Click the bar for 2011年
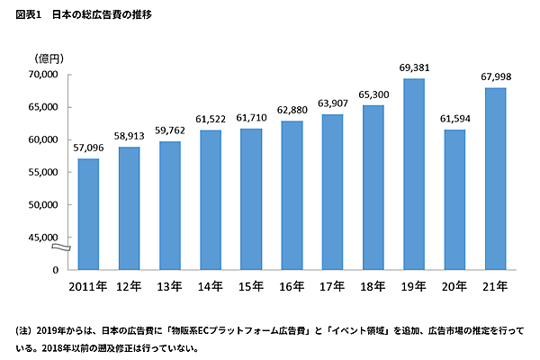[x=88, y=214]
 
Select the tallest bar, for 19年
[x=414, y=174]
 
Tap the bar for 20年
[x=454, y=200]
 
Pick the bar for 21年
[x=495, y=178]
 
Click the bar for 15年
[x=251, y=199]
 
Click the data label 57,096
[x=88, y=147]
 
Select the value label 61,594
[x=454, y=118]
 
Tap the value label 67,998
[x=495, y=76]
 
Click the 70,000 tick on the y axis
[x=42, y=75]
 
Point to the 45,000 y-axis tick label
[x=42, y=238]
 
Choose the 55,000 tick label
[x=42, y=172]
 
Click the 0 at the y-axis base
[x=56, y=270]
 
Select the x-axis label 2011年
[x=88, y=286]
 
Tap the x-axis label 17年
[x=332, y=286]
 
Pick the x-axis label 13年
[x=169, y=286]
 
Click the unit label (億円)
[x=49, y=59]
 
